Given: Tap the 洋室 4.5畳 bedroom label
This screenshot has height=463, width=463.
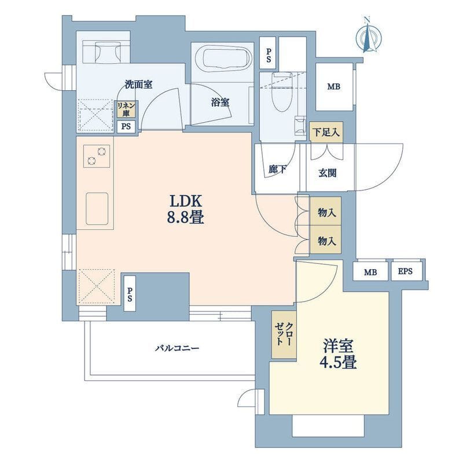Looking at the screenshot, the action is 338,354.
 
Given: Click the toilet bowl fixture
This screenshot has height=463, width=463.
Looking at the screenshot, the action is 281,91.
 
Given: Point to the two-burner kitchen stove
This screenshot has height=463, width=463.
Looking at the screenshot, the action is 97,156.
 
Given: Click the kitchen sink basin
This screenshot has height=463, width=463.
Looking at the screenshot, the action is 97,208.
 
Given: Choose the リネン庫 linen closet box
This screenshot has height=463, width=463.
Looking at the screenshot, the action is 126,109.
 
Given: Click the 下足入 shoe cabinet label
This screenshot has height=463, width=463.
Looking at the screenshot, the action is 326,132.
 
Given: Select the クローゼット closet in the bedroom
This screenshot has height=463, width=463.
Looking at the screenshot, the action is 284,335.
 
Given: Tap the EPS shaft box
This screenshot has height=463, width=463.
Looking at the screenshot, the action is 405,271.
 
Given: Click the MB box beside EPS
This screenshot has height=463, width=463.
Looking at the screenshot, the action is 370,271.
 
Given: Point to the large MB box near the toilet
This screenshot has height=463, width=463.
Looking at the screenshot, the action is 334,86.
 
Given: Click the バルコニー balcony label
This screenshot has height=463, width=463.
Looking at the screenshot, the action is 177,348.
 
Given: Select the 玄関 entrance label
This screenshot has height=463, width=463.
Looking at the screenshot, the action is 328,172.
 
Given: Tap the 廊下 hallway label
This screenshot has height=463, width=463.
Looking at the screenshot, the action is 278,169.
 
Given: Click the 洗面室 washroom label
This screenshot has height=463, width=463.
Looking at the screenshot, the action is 138,84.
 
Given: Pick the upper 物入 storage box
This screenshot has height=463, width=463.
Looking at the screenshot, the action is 325,211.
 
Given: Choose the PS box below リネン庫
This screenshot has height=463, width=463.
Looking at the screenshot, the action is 126,127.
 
